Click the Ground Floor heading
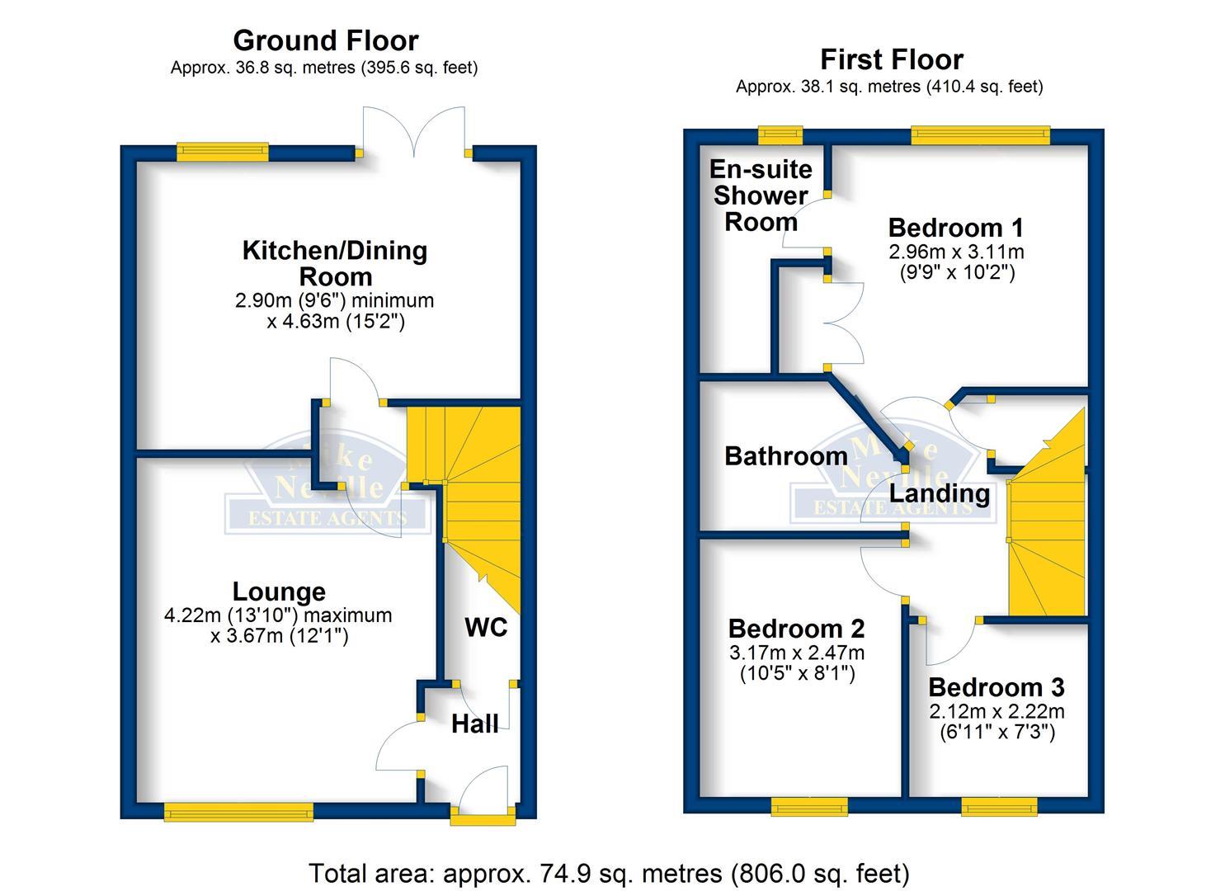[325, 40]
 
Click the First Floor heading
[891, 59]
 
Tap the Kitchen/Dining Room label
[335, 262]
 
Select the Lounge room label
[279, 592]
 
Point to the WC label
[486, 628]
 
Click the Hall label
[474, 724]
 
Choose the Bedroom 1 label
[956, 228]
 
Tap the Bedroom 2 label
[796, 629]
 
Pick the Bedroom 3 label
[996, 687]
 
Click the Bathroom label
[785, 456]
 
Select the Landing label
[939, 493]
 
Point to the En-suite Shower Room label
[761, 196]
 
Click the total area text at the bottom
[609, 873]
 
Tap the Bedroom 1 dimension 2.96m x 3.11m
[956, 251]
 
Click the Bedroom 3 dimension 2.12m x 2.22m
[996, 711]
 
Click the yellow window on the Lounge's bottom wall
[238, 813]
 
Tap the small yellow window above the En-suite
[780, 133]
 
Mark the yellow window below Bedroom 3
[999, 806]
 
